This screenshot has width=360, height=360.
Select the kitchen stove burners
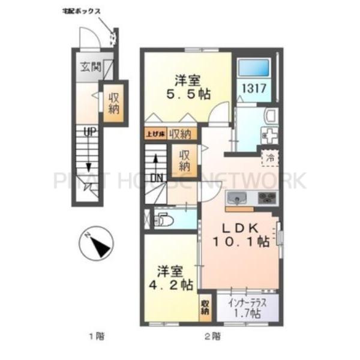click(x=266, y=197)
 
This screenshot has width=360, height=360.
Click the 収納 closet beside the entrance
click(x=113, y=103)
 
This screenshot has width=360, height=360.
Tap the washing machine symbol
click(x=267, y=136)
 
